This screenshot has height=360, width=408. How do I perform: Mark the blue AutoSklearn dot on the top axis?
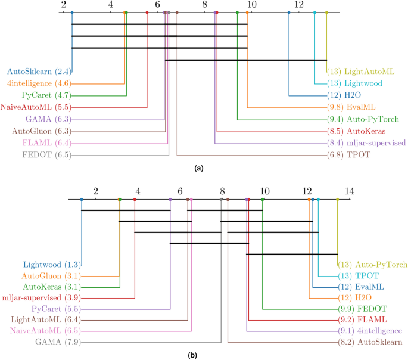tap(72, 13)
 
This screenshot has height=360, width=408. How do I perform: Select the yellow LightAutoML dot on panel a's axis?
tap(326, 13)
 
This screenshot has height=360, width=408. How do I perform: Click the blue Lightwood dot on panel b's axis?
tap(82, 200)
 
